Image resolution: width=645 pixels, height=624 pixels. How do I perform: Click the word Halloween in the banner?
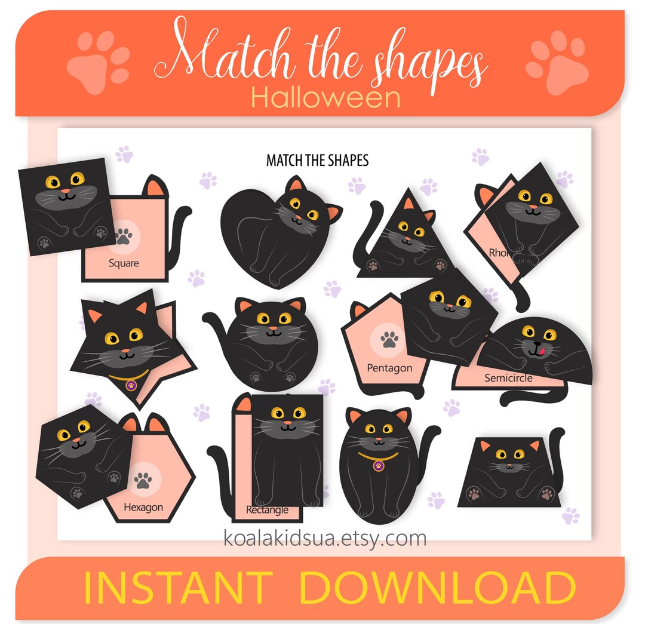point(325,97)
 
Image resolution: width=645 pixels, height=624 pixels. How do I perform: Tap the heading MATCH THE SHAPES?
point(317,161)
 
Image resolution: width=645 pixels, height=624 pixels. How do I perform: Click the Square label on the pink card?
point(124,263)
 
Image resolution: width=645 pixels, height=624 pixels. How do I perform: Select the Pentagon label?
point(389,368)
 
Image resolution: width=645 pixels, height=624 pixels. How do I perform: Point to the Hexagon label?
point(143,508)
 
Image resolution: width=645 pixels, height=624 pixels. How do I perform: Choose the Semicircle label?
point(508,378)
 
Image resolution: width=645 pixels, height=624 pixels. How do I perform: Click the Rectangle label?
point(267,511)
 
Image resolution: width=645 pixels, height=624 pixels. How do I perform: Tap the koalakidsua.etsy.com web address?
point(325,538)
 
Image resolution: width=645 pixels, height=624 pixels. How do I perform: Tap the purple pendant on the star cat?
point(131,386)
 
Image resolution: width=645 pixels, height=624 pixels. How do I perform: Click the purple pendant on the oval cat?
point(378,464)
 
